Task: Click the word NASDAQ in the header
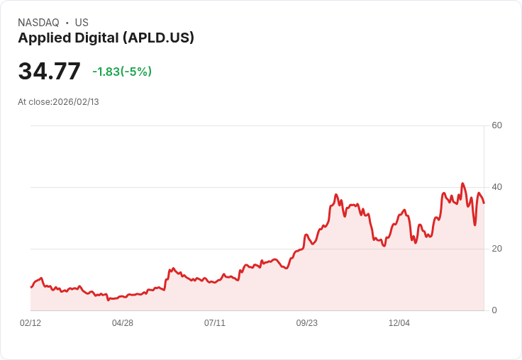(x=38, y=23)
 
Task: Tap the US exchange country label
(x=82, y=23)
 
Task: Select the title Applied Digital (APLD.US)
(x=106, y=38)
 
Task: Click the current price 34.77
(x=50, y=72)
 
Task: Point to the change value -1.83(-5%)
(x=122, y=72)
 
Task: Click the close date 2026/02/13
(x=76, y=102)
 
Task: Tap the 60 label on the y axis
(x=497, y=125)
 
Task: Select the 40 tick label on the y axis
(x=497, y=187)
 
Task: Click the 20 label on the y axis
(x=497, y=249)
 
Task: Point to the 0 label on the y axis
(x=494, y=310)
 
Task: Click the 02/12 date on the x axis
(x=30, y=323)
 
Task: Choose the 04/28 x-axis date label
(x=123, y=323)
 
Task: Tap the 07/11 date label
(x=215, y=323)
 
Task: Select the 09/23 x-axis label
(x=307, y=323)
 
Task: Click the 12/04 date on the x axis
(x=399, y=323)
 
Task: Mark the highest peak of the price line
(x=462, y=184)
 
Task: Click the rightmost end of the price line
(x=484, y=203)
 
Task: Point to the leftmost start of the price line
(x=30, y=287)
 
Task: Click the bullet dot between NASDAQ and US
(x=67, y=23)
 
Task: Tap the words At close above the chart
(x=34, y=102)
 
